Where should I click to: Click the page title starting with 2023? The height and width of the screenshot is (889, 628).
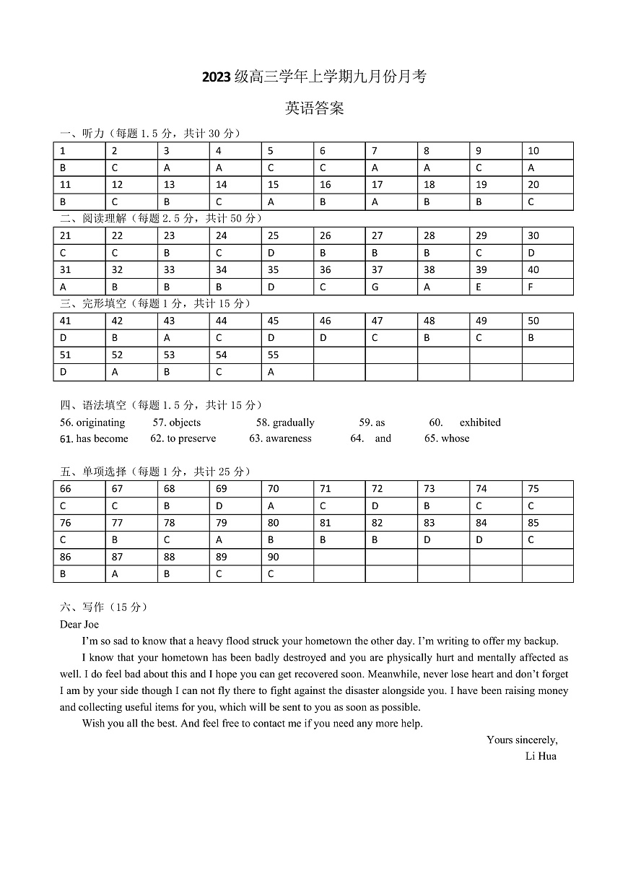tap(314, 77)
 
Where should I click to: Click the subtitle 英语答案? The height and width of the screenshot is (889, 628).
tap(314, 108)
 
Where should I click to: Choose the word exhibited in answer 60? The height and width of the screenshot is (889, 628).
tap(480, 422)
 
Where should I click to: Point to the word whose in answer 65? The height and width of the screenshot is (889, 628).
tap(455, 438)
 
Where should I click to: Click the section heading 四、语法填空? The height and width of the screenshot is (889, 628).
tap(94, 405)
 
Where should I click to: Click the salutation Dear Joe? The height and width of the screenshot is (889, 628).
tap(79, 624)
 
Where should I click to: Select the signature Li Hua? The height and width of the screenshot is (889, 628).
tap(541, 756)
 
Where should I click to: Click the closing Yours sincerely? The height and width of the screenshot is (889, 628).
tap(522, 740)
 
